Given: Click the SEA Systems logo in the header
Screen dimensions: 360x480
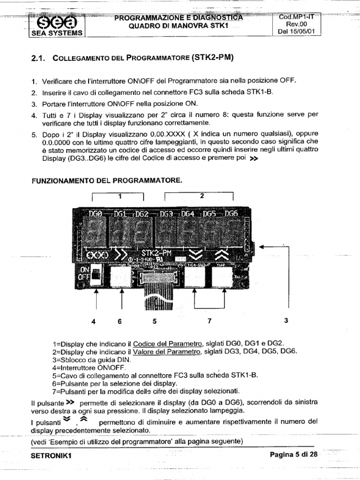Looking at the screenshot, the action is [56, 23].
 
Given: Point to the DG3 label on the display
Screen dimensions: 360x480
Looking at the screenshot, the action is [166, 214].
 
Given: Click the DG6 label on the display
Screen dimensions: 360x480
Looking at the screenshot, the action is [232, 214].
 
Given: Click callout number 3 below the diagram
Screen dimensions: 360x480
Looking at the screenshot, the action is [286, 321].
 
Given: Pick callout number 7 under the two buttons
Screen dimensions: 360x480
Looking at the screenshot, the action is [210, 321].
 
